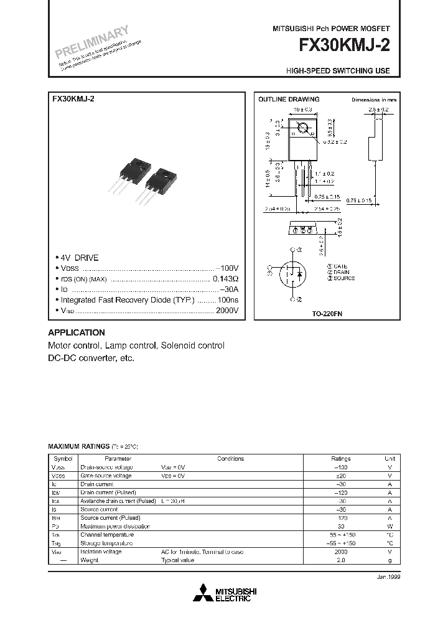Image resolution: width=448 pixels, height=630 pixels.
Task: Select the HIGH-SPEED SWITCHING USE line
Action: tap(338, 71)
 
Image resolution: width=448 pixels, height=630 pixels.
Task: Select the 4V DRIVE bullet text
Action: tap(78, 258)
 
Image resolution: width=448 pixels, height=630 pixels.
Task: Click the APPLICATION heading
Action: tap(77, 332)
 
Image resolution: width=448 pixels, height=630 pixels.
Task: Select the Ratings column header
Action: tap(340, 458)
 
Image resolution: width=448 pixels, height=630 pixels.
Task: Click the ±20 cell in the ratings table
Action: tap(340, 476)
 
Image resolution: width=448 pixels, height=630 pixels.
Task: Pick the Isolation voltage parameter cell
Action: tap(101, 552)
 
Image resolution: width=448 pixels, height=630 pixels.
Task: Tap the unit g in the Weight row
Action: tap(390, 560)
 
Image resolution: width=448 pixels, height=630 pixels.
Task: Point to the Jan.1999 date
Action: tap(387, 577)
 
